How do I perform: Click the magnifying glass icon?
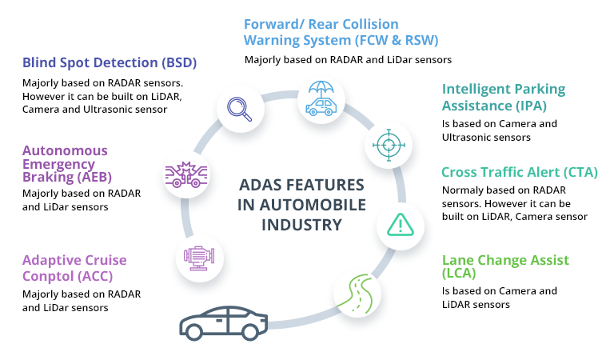tap(239, 109)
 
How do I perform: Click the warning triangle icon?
tap(399, 224)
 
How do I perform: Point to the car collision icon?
tap(185, 174)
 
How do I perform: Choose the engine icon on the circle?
tap(197, 257)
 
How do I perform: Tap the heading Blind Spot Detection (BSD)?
tap(110, 63)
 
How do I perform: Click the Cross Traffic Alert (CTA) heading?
tap(520, 172)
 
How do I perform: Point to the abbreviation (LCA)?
tap(459, 274)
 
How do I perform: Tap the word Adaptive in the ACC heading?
tap(51, 260)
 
